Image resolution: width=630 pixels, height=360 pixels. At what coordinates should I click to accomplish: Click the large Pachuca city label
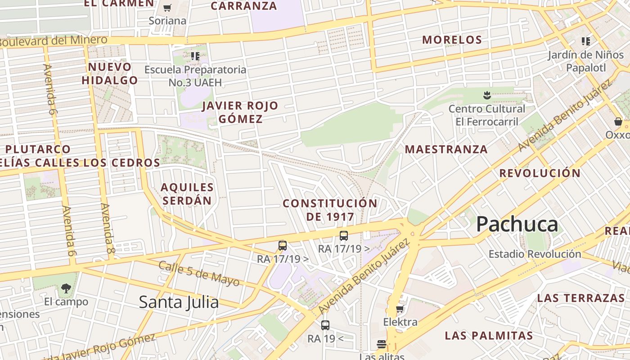click(x=517, y=224)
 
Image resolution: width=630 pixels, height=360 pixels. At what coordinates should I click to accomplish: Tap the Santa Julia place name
click(x=179, y=302)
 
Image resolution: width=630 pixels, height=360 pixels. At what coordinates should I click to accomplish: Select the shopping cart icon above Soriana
click(x=167, y=8)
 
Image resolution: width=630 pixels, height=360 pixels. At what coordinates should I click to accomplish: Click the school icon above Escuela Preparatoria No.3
click(x=195, y=56)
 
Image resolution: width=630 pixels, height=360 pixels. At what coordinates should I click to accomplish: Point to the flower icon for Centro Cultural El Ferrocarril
click(x=487, y=95)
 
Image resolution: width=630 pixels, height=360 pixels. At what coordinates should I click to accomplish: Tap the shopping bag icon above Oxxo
click(x=618, y=121)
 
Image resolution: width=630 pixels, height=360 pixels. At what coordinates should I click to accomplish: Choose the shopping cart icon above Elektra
click(x=400, y=309)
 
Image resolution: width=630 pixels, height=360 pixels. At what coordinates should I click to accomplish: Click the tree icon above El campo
click(x=66, y=288)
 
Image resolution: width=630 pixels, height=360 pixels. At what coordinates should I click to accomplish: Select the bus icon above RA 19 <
click(x=325, y=325)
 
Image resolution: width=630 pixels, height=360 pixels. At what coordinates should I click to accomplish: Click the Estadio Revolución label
click(x=535, y=254)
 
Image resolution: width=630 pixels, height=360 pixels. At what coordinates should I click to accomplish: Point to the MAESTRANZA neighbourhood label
click(x=446, y=149)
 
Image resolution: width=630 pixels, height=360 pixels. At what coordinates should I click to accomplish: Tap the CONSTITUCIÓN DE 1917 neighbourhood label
click(x=330, y=210)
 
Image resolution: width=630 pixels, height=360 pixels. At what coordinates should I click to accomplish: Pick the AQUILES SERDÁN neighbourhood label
click(x=187, y=193)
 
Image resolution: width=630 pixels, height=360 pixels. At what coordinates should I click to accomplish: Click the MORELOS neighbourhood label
click(x=452, y=40)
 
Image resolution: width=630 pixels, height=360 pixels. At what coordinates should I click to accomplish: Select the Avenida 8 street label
click(x=107, y=228)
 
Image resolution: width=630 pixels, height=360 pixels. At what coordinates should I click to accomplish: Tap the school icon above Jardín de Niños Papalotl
click(x=585, y=42)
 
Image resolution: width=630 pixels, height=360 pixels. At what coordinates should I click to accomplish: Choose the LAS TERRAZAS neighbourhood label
click(x=580, y=298)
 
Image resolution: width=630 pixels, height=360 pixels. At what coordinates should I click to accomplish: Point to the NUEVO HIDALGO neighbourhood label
click(x=110, y=74)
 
